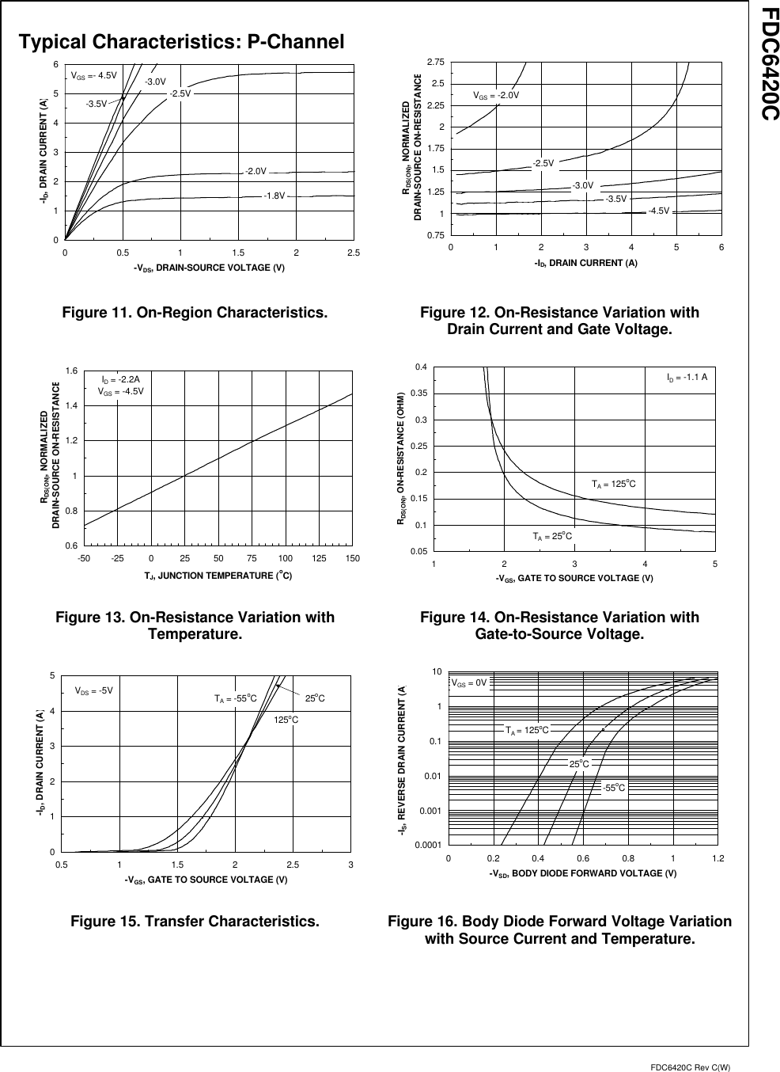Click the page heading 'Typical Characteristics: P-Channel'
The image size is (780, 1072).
(182, 43)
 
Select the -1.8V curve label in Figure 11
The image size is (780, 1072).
(274, 196)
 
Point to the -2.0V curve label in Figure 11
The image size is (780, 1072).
(256, 171)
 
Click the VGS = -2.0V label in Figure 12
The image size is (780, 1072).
(496, 95)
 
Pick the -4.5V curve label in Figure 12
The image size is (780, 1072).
(658, 211)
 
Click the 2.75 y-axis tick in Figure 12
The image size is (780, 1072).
(435, 62)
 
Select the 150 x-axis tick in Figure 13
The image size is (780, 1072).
(353, 559)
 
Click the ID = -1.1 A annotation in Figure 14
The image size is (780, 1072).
(687, 378)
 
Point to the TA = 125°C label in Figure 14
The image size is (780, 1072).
(614, 483)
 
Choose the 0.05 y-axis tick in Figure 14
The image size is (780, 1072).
(419, 550)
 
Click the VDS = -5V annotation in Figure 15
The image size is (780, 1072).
(94, 690)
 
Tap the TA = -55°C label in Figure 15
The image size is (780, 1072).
(235, 698)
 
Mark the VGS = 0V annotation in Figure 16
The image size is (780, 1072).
(470, 682)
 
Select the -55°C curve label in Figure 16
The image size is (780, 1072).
(613, 788)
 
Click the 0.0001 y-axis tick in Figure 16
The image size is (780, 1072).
(427, 846)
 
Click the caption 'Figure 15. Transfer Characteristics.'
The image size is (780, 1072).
(195, 922)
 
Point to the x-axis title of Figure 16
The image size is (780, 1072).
(582, 873)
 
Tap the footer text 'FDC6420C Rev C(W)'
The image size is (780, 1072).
(690, 1067)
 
